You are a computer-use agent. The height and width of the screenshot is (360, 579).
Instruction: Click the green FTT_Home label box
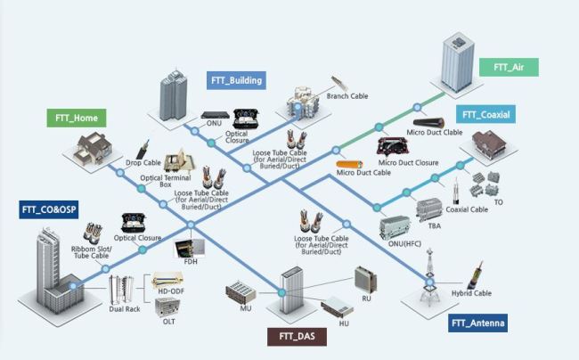[77, 119]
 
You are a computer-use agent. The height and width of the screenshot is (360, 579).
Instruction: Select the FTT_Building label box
[236, 80]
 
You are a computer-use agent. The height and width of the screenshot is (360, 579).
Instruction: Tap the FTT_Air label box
[509, 67]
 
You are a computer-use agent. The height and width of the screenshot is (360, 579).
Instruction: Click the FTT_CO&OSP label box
[49, 209]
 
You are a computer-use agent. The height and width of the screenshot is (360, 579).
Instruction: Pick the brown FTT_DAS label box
[297, 337]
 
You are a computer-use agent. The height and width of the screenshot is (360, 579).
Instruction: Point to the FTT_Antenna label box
[477, 323]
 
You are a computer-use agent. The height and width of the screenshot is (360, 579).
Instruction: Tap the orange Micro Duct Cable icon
[349, 164]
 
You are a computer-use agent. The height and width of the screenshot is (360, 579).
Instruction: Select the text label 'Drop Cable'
[143, 162]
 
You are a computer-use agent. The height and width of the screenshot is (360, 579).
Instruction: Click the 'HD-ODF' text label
[171, 291]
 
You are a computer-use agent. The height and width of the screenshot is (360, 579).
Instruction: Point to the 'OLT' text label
[168, 322]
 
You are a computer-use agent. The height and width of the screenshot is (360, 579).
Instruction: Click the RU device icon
[365, 279]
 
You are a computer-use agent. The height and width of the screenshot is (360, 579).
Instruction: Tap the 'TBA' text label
[435, 225]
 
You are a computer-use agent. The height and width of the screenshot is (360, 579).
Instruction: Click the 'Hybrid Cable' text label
[471, 293]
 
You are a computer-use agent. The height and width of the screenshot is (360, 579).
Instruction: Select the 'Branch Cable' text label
[347, 96]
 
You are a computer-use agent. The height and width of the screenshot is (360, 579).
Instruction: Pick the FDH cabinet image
[190, 248]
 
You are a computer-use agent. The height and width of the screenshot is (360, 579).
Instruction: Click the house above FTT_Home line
[93, 149]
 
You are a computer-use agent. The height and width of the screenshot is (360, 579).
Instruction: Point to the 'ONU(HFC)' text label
[404, 243]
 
